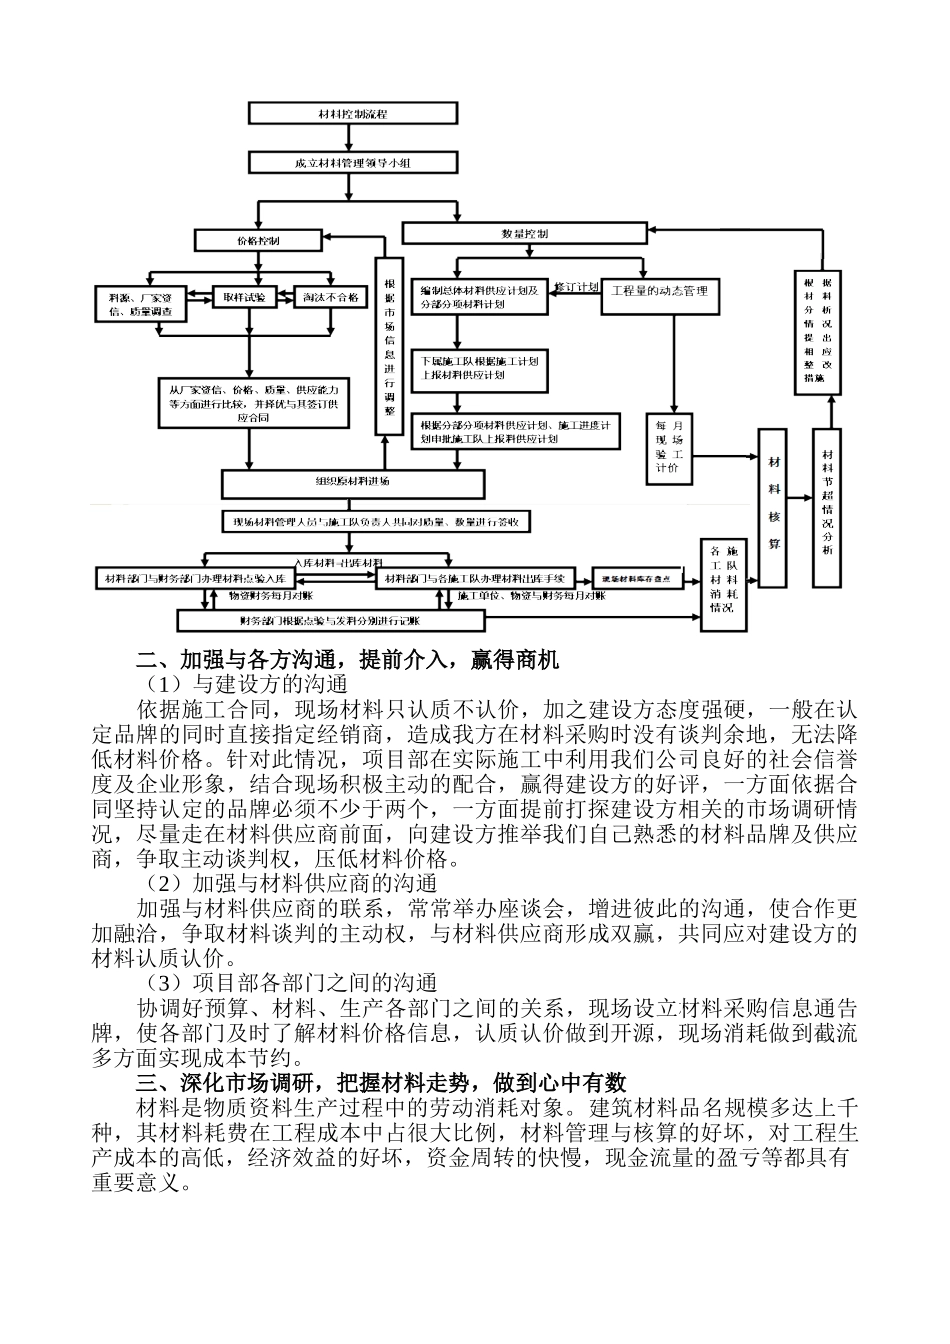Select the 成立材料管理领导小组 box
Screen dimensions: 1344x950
[x=352, y=163]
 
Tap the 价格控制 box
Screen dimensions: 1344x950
[x=258, y=241]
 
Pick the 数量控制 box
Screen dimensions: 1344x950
[x=524, y=233]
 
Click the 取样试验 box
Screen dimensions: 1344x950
[x=244, y=298]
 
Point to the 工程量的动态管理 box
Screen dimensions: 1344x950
[x=659, y=292]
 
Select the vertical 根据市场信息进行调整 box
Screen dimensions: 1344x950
[x=388, y=346]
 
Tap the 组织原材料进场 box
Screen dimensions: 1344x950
[x=352, y=483]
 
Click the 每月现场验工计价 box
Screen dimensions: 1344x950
[x=668, y=447]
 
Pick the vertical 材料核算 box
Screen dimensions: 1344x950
[x=773, y=507]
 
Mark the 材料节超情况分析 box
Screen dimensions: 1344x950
[x=826, y=507]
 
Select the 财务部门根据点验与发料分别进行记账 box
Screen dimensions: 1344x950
[x=329, y=621]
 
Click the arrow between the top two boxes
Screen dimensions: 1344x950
[x=352, y=138]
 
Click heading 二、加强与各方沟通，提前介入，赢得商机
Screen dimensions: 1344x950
[x=348, y=661]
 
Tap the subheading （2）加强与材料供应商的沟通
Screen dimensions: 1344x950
[x=291, y=883]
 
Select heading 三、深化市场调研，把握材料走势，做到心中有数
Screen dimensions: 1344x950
[x=381, y=1082]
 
